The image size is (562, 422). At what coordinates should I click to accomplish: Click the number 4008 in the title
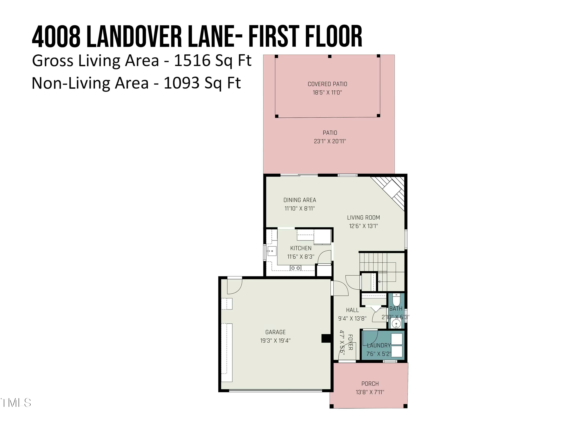56,37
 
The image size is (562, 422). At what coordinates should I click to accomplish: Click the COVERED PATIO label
327,84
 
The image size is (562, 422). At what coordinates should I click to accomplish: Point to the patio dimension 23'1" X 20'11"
330,141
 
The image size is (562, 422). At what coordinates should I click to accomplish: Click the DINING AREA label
300,200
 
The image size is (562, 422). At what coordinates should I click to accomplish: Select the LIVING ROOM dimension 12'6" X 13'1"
363,226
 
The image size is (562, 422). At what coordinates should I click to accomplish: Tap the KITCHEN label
300,248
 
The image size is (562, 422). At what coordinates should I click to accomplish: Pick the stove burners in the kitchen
295,268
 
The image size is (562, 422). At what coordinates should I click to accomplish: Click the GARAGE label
275,332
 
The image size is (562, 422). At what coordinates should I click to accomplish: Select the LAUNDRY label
379,345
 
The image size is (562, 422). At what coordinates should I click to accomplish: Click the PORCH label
370,384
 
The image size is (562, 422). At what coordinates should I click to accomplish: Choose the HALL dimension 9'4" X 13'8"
352,318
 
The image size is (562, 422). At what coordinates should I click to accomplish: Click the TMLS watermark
16,403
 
